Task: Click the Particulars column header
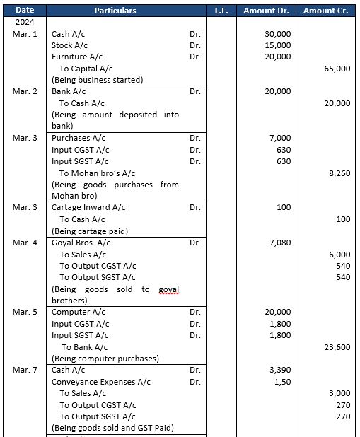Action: click(115, 11)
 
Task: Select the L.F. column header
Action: click(220, 11)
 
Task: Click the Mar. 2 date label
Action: click(25, 91)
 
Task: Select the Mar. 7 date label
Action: click(25, 370)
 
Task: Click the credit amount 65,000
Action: click(337, 69)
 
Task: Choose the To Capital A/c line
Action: click(86, 69)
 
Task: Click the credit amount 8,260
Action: click(339, 173)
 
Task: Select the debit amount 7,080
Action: click(280, 243)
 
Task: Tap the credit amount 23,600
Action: click(337, 347)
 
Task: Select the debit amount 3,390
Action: click(280, 370)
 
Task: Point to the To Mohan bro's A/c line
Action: click(97, 173)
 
